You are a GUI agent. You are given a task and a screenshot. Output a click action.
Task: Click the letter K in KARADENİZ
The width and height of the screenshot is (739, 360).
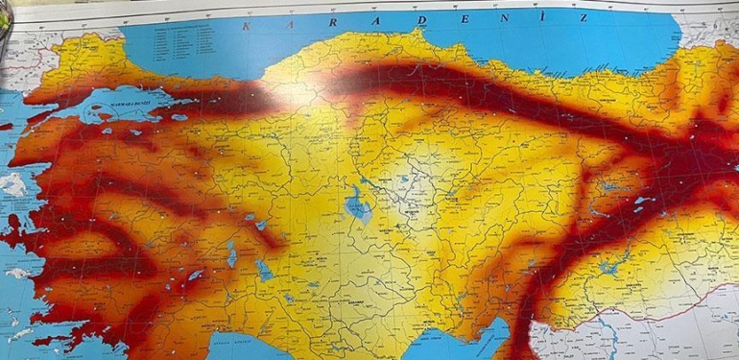(247, 27)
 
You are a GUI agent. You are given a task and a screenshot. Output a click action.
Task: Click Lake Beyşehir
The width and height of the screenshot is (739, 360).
(262, 270)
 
